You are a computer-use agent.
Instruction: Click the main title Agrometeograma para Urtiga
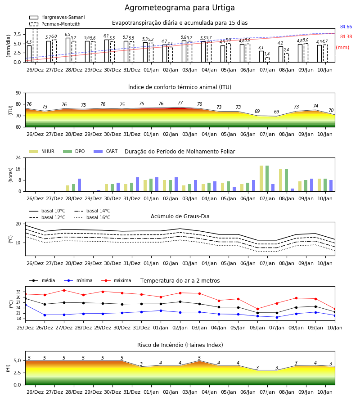pos(180,8)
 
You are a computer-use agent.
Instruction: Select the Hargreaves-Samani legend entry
pos(57,17)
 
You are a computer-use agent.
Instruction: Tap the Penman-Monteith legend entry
pos(55,24)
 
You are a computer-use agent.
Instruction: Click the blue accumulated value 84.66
pos(346,27)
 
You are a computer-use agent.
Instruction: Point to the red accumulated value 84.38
pos(346,37)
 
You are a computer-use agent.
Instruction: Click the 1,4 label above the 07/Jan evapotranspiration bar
pos(267,54)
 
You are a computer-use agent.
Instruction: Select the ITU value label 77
pos(180,103)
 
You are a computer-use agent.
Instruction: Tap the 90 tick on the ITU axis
pos(18,93)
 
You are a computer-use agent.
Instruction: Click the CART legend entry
pos(106,151)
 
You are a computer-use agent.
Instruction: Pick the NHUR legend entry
pos(42,151)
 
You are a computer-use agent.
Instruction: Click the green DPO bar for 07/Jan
pos(267,179)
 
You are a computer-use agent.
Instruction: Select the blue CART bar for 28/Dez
pos(79,185)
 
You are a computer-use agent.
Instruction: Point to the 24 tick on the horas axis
pos(18,158)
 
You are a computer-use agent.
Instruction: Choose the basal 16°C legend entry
pos(92,217)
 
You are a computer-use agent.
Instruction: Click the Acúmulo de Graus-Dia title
pos(180,216)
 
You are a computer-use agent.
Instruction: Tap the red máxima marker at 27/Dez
pos(64,290)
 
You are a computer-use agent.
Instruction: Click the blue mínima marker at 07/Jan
pos(277,317)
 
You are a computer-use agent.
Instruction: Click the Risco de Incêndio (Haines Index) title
pos(180,345)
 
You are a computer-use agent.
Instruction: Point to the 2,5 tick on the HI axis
pos(17,373)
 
